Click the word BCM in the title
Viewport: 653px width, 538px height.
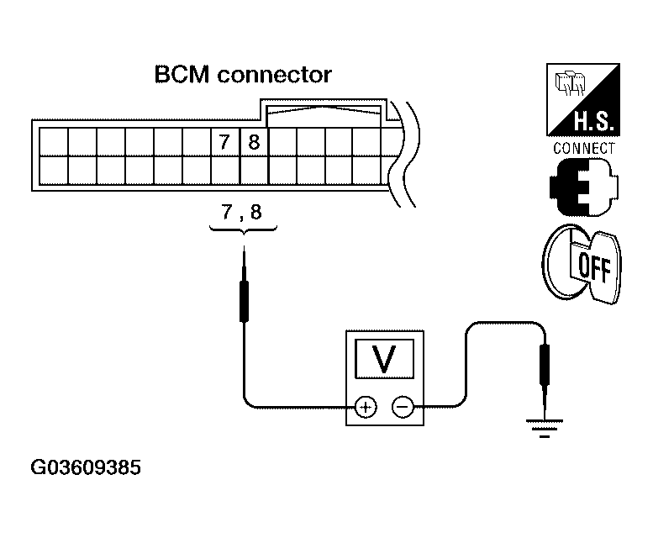[182, 75]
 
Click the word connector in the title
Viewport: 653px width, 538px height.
[274, 75]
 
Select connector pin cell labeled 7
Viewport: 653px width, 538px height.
[224, 142]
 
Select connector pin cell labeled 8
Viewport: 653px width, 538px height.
[254, 142]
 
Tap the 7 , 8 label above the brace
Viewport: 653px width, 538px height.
[241, 212]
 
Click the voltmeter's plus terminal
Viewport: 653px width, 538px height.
[366, 407]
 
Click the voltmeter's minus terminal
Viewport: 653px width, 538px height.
[403, 407]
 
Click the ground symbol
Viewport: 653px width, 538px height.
[545, 428]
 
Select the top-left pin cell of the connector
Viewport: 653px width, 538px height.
[53, 142]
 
